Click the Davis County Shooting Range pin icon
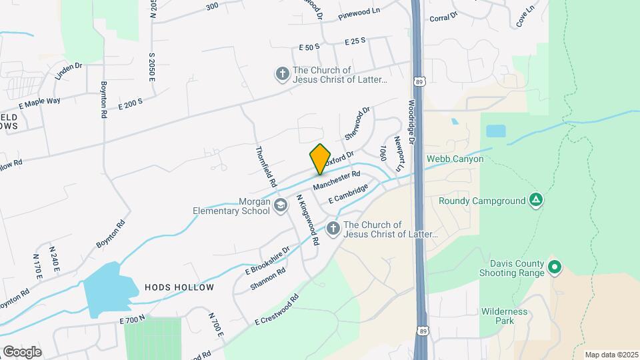pyautogui.click(x=553, y=267)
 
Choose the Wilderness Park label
pyautogui.click(x=504, y=316)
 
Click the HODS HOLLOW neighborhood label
pyautogui.click(x=179, y=287)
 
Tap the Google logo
pyautogui.click(x=22, y=351)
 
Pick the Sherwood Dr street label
pyautogui.click(x=357, y=123)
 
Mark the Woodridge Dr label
pyautogui.click(x=411, y=123)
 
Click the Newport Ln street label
pyautogui.click(x=399, y=154)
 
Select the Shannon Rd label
pyautogui.click(x=268, y=279)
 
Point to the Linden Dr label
pyautogui.click(x=68, y=71)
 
